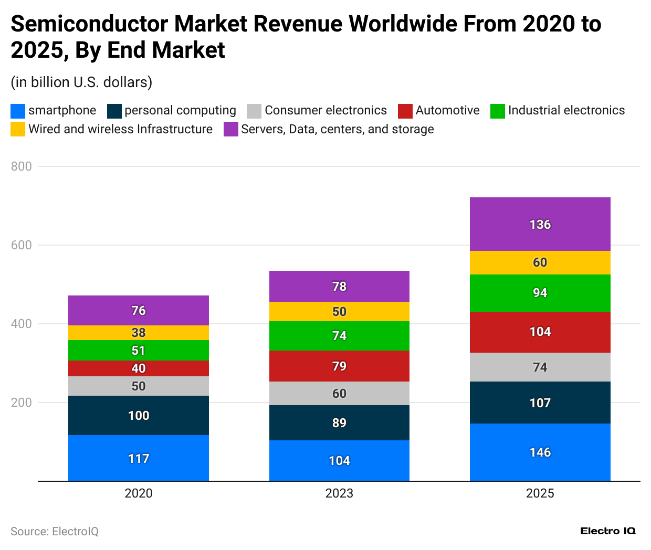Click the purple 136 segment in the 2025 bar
coord(540,224)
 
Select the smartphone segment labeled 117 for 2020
coord(139,458)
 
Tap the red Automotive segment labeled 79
coord(339,366)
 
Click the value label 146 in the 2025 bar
coord(540,452)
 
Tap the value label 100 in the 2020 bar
coord(139,416)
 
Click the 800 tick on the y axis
coord(22,166)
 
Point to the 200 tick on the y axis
coord(22,403)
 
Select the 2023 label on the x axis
coord(339,493)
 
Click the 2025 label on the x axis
coord(540,493)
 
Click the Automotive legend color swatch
coord(405,111)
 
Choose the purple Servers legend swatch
coord(231,129)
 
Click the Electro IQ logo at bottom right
coord(608,531)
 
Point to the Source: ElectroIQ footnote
coord(55,532)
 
